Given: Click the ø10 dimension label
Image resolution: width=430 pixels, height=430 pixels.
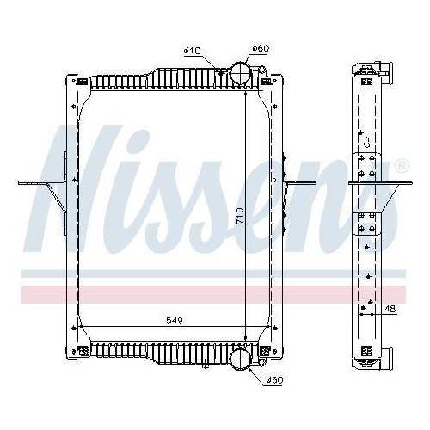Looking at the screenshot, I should tap(192, 51).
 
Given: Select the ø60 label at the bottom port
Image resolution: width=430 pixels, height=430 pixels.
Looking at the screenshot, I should tap(274, 379).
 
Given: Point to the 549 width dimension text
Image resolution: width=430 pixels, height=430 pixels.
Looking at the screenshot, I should tap(175, 320).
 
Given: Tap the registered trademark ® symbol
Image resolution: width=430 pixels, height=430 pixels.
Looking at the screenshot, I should tap(401, 165).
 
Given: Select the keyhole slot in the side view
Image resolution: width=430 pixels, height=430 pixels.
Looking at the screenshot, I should tap(367, 144).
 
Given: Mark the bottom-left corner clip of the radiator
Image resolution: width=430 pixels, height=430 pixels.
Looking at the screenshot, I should tap(83, 349).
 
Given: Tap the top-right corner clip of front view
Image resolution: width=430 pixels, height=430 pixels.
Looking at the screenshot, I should tap(266, 81).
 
